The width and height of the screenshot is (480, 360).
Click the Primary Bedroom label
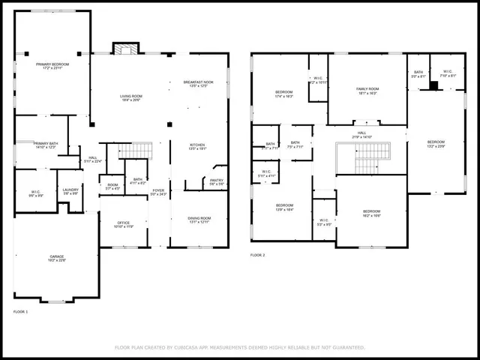point(52,64)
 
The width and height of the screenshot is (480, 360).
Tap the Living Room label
point(131,96)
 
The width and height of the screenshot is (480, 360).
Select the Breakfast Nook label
point(198,82)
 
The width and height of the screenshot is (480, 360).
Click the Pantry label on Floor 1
point(217,180)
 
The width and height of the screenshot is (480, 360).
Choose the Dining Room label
point(199,218)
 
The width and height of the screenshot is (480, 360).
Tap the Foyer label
point(158,190)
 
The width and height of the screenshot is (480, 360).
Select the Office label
point(123,223)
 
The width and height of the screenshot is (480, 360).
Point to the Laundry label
point(70,190)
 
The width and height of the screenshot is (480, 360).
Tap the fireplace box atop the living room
point(125,48)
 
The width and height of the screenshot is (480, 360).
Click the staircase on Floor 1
point(136,151)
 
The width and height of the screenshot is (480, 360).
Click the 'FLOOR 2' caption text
point(258,255)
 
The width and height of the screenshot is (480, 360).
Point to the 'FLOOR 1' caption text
point(20,310)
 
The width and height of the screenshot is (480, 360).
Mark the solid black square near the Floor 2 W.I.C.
point(433,85)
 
